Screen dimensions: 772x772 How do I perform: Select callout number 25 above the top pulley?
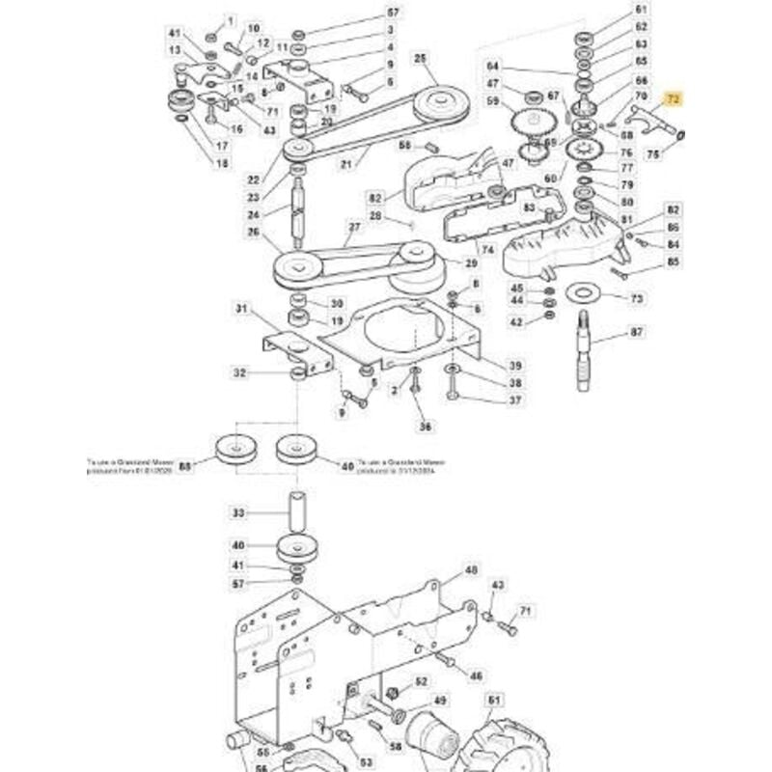click(x=420, y=59)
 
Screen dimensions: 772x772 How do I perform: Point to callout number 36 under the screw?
click(x=421, y=426)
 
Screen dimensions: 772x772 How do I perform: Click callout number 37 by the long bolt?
click(x=515, y=400)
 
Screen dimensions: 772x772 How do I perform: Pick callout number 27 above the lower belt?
click(x=353, y=228)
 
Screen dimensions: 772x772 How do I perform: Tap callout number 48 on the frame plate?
click(x=471, y=570)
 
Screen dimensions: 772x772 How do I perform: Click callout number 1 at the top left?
click(x=230, y=20)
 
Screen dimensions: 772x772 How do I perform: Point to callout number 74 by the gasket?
click(x=487, y=250)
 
